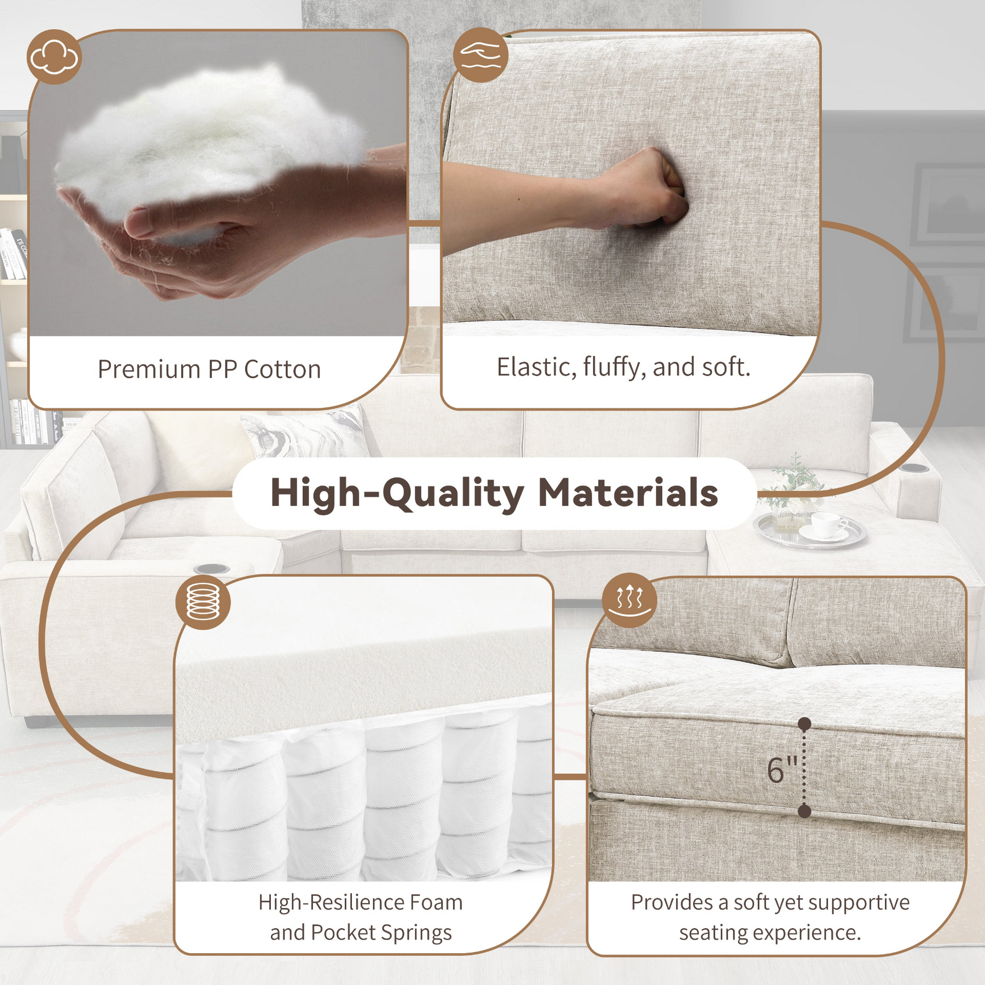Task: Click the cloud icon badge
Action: coord(54,57)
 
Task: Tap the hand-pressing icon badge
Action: coord(480,55)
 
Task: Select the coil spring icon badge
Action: coord(203,602)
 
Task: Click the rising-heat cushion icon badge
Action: coord(629,600)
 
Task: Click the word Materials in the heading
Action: coord(628,493)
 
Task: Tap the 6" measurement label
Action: coord(781,770)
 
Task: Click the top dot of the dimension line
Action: coord(804,724)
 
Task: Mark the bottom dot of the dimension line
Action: coord(804,811)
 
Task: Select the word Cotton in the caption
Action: coord(282,369)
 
